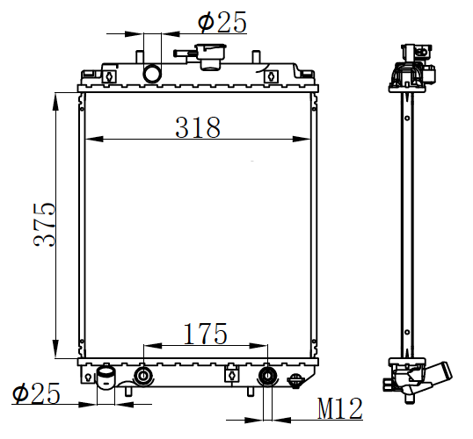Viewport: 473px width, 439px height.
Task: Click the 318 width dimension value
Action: [x=198, y=128]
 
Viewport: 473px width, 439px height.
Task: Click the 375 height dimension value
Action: [x=45, y=225]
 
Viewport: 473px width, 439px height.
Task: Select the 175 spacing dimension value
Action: [x=205, y=334]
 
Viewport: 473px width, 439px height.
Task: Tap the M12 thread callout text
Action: [x=340, y=408]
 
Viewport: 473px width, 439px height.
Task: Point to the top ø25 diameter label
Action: [x=222, y=22]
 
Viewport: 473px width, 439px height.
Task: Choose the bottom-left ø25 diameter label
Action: [x=36, y=393]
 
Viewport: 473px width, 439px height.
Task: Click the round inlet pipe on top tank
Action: [x=152, y=73]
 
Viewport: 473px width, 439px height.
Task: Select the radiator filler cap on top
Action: [x=211, y=56]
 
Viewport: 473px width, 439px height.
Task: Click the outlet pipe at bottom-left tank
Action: [x=106, y=377]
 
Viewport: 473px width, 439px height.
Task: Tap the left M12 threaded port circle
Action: [x=143, y=376]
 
